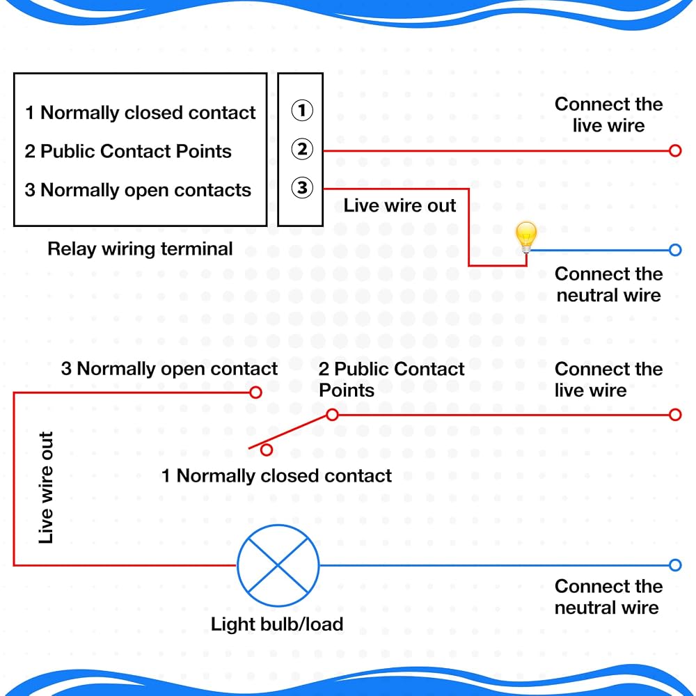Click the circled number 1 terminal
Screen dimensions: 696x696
point(302,110)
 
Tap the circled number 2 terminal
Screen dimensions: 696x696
point(302,149)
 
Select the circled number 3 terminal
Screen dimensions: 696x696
point(302,188)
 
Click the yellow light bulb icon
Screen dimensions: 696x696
point(526,237)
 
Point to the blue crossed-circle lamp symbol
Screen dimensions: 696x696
point(278,565)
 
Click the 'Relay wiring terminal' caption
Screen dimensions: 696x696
point(140,249)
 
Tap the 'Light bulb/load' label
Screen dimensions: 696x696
point(277,624)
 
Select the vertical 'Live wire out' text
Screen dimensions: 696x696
point(46,487)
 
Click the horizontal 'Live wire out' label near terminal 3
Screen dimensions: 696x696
point(400,205)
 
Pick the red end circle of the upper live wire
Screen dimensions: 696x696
point(674,151)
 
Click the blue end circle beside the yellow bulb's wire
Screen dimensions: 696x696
point(674,250)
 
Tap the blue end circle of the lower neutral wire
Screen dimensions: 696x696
point(674,565)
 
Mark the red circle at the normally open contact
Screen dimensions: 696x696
point(255,393)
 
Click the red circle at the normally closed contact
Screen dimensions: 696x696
point(267,450)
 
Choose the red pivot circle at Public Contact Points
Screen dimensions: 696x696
point(332,415)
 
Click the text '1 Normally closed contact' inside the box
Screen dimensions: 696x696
point(141,113)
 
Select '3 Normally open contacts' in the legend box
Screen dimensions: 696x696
point(138,190)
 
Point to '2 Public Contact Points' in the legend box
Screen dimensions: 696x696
point(128,151)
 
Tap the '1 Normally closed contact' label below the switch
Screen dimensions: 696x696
point(276,476)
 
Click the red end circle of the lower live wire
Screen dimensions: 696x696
point(674,415)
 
